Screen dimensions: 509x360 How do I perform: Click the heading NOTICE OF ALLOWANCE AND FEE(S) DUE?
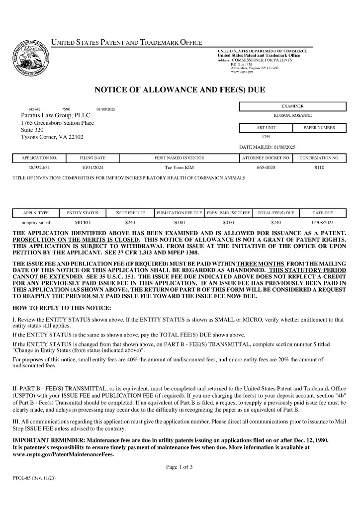180,90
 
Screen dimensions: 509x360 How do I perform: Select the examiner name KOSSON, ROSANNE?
292,115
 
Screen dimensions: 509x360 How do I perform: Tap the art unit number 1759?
266,136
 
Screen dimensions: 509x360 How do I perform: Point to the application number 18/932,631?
39,168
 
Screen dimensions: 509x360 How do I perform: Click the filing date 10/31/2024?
92,168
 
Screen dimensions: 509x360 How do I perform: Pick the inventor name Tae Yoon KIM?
179,168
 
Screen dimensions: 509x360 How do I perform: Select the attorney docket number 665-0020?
266,168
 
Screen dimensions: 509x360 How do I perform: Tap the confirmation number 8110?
319,168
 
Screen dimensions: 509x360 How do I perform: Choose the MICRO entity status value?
83,223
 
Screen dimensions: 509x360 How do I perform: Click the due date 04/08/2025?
322,223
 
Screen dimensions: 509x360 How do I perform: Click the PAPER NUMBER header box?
319,128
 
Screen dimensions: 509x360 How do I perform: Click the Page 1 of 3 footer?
179,467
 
